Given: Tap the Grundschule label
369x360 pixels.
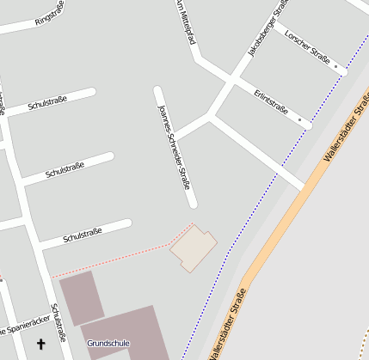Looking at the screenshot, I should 108,344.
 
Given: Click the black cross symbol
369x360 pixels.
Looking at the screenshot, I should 40,345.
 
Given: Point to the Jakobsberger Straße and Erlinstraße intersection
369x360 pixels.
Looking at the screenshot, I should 231,82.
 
